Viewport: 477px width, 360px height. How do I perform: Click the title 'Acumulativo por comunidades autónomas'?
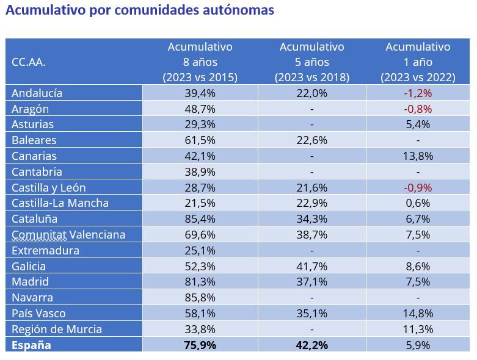(140, 10)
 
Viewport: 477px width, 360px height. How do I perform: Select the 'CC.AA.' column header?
(29, 62)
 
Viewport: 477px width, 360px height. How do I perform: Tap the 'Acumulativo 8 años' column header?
(200, 62)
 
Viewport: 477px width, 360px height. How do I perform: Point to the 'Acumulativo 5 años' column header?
(311, 62)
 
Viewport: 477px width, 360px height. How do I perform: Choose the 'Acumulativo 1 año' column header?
(418, 62)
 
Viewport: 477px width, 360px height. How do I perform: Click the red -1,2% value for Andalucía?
(418, 93)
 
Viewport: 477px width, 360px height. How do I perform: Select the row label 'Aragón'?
(31, 109)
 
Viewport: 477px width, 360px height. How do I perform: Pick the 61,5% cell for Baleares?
(200, 140)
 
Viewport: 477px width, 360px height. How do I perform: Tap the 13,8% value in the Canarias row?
(418, 156)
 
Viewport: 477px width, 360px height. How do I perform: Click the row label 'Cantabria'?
(37, 172)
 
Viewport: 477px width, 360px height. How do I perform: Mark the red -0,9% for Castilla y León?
(418, 187)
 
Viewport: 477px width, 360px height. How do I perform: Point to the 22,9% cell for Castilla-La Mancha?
(311, 203)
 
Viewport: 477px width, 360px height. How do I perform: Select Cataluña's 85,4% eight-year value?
(200, 219)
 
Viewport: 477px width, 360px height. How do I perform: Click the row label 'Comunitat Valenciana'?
(68, 235)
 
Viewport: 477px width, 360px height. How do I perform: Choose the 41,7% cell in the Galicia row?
(311, 267)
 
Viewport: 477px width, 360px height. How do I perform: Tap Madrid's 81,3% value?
(200, 282)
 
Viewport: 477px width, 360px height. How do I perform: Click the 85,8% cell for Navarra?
(200, 298)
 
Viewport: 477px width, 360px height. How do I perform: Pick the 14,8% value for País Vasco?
(418, 314)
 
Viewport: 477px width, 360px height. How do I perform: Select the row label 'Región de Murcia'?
(57, 329)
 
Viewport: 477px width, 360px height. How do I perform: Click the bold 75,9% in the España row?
(200, 345)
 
